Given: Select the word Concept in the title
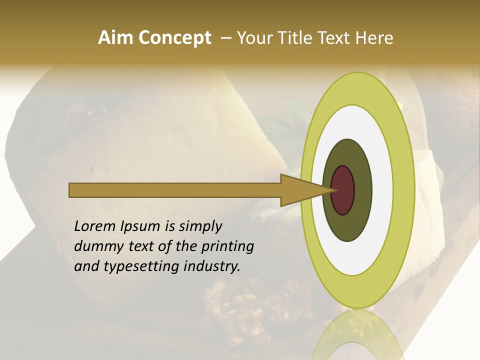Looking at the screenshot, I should click(174, 38).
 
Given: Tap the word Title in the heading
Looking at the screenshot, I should click(295, 38).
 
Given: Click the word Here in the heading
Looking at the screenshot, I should click(374, 38).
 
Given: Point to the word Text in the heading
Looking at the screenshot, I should click(336, 38).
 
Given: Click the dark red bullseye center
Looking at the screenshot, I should click(342, 190).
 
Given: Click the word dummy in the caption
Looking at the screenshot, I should click(96, 246).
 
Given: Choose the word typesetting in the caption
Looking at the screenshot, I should click(134, 266).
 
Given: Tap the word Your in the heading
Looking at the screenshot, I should click(253, 38).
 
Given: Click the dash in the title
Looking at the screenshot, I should click(225, 38).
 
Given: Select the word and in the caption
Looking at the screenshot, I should click(86, 266).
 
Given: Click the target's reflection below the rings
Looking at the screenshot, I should click(358, 335).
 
